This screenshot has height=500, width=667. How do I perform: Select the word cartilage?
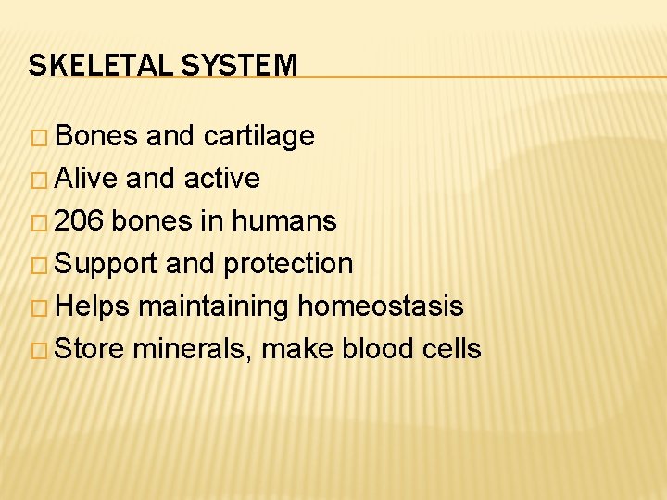click(x=258, y=136)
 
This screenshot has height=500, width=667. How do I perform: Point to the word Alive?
click(x=87, y=178)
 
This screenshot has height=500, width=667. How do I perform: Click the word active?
click(x=222, y=178)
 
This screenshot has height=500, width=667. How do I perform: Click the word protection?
click(x=288, y=264)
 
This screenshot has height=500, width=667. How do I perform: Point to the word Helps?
click(x=93, y=306)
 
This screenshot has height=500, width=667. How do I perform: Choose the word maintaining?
click(x=213, y=306)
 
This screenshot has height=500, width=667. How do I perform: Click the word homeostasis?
click(x=380, y=306)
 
